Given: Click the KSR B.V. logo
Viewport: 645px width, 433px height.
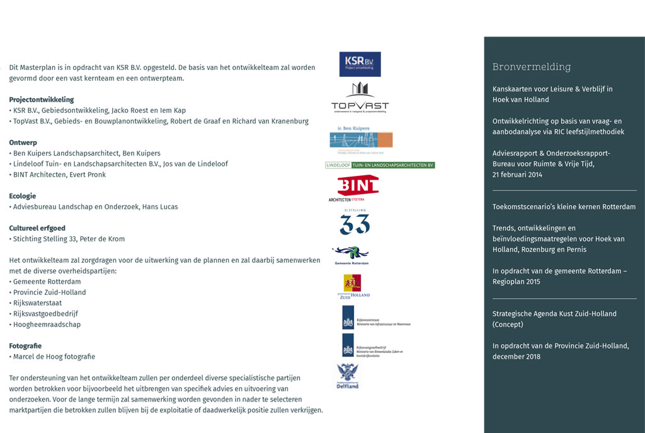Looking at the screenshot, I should click(x=360, y=64).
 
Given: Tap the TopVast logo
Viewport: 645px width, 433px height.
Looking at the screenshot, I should click(x=360, y=98).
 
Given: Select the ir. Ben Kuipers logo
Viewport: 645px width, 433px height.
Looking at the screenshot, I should click(x=361, y=139).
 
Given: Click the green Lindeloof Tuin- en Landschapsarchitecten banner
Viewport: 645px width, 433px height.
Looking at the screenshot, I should click(x=380, y=165).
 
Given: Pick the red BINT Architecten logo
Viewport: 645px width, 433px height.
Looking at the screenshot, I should click(x=357, y=188).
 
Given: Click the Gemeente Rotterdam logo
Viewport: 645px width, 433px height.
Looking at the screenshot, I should click(x=351, y=255).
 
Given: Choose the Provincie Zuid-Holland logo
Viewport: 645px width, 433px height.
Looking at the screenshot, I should click(x=352, y=286).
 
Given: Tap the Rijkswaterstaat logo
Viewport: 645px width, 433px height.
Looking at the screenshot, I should click(x=375, y=318).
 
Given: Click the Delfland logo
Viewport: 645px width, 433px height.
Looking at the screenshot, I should click(x=347, y=376).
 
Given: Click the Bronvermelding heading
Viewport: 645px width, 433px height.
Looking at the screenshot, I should click(x=532, y=67).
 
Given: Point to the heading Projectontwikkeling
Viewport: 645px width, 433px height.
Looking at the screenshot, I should click(x=42, y=100).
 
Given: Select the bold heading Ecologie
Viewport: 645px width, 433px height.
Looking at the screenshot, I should click(x=23, y=196).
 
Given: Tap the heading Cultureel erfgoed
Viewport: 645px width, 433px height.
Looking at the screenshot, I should click(x=37, y=228).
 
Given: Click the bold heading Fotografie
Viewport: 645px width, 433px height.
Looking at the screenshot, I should click(x=25, y=346).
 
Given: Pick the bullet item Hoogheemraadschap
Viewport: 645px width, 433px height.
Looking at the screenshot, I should click(x=47, y=325).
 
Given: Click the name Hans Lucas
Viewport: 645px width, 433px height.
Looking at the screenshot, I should click(x=160, y=207).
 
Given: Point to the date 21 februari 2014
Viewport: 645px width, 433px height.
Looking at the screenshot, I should click(x=517, y=175).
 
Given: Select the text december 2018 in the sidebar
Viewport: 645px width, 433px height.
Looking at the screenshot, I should click(x=517, y=357).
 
